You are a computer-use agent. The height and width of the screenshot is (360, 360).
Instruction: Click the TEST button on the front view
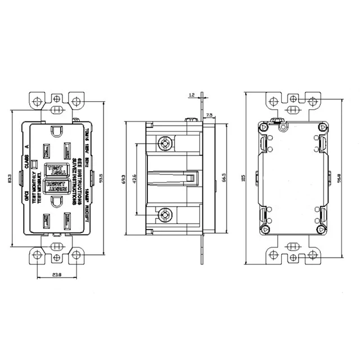click(x=55, y=168)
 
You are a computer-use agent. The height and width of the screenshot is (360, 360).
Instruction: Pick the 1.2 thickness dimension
click(x=192, y=95)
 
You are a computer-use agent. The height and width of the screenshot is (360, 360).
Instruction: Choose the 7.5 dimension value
click(x=209, y=114)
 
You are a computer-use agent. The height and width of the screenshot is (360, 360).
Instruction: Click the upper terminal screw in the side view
click(x=164, y=143)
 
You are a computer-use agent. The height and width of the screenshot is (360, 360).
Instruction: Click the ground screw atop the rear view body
click(x=275, y=121)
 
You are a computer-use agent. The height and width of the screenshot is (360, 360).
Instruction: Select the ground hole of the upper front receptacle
click(x=57, y=131)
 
